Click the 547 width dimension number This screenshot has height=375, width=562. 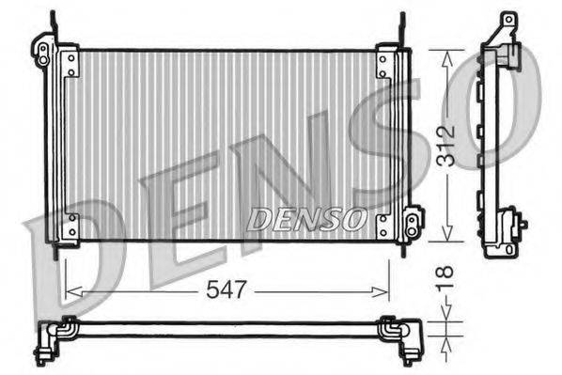pos(228,290)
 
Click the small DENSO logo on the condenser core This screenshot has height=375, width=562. pos(305,219)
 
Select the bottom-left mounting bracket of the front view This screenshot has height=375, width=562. pos(70,227)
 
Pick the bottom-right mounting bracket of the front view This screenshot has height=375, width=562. pos(382,227)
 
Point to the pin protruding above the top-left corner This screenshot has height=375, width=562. pos(52,23)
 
